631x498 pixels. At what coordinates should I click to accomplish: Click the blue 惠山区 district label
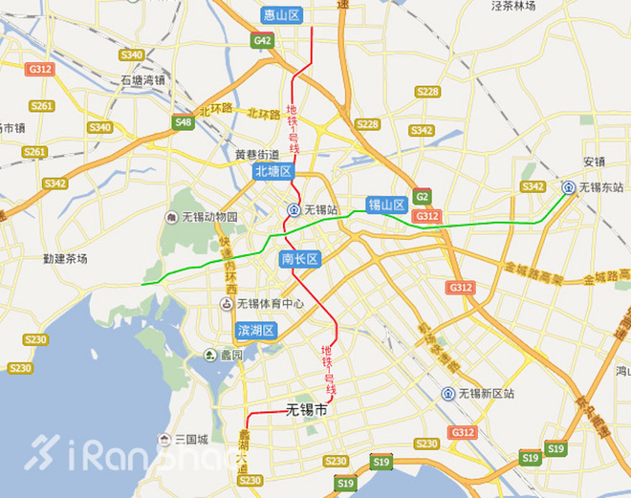(x=281, y=15)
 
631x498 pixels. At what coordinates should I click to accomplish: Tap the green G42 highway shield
(x=263, y=41)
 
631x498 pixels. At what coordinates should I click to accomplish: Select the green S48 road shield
(x=184, y=122)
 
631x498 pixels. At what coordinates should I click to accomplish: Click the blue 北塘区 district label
(x=272, y=171)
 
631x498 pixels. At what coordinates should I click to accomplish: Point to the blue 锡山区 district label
(x=388, y=205)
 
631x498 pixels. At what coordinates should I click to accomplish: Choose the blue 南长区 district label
(x=299, y=259)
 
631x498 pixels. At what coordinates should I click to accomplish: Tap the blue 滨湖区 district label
(x=256, y=331)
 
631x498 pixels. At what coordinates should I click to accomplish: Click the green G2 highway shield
(x=423, y=198)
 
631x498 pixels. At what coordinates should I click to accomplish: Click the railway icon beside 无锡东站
(x=568, y=187)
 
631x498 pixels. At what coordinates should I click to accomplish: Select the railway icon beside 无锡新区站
(x=448, y=394)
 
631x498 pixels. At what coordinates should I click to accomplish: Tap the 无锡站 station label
(x=320, y=209)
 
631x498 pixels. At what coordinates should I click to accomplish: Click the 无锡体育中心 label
(x=271, y=304)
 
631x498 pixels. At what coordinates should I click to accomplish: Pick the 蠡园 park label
(x=230, y=355)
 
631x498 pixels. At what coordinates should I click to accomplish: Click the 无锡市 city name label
(x=306, y=410)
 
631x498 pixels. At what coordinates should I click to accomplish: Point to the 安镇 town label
(x=595, y=161)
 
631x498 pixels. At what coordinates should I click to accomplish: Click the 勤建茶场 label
(x=65, y=258)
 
